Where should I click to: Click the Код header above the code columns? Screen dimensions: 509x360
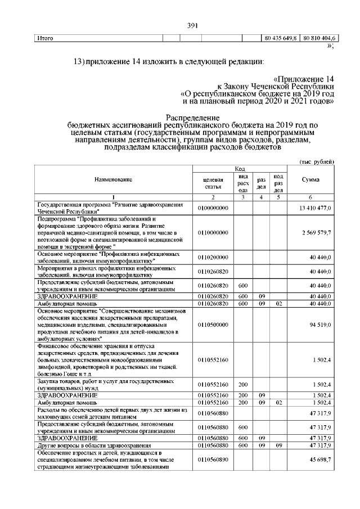[x=239, y=168]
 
